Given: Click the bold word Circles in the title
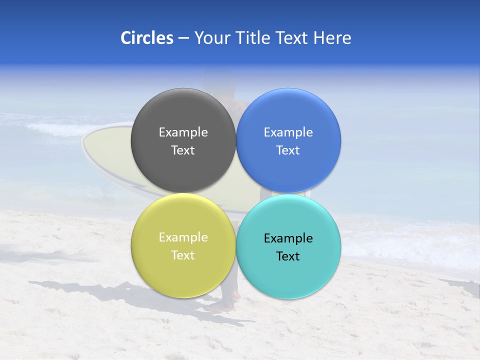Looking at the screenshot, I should [x=146, y=38].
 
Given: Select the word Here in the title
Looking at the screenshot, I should [x=332, y=38].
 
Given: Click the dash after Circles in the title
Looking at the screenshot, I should [x=183, y=38].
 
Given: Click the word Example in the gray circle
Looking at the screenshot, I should [x=183, y=132].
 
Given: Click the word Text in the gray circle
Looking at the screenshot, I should [x=183, y=150].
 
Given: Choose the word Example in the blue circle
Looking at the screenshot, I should [x=288, y=132].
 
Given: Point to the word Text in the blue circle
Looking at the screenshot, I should [x=288, y=150].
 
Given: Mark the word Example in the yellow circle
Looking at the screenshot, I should [x=183, y=237].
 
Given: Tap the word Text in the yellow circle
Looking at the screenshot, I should [x=183, y=255].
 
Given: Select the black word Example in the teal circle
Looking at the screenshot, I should [x=288, y=238].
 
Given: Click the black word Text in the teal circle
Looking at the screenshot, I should [x=288, y=256].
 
